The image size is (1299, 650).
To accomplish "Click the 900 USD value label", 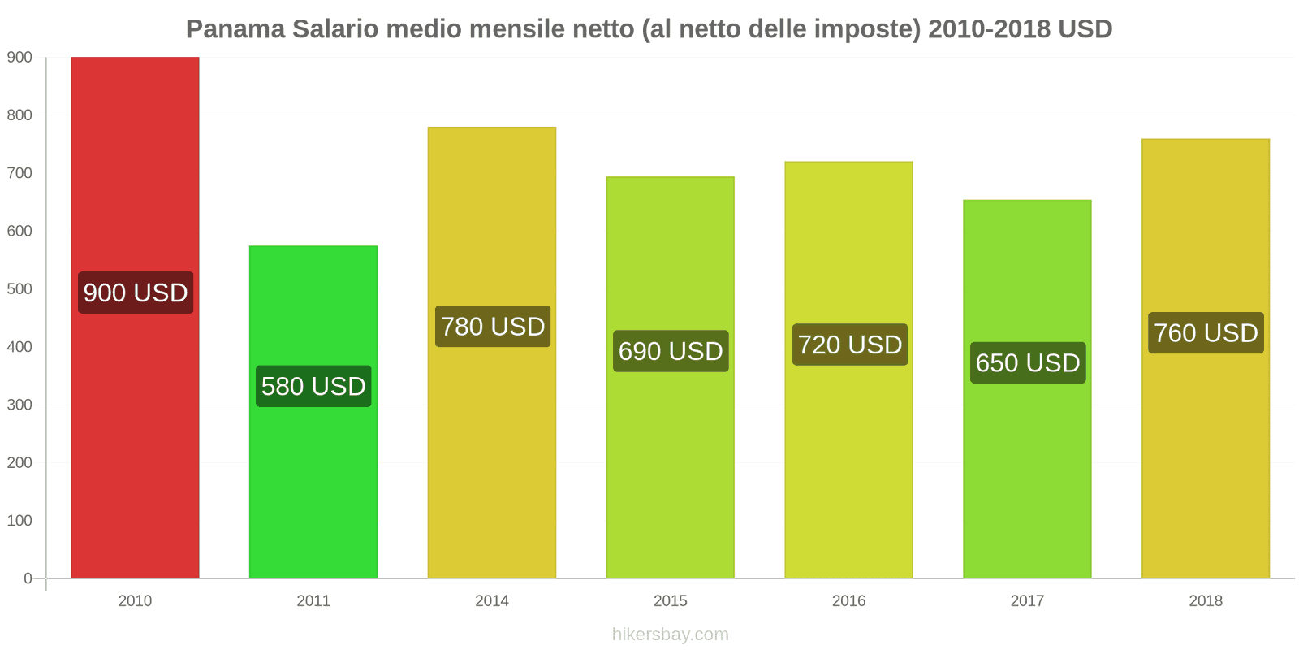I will pyautogui.click(x=136, y=292).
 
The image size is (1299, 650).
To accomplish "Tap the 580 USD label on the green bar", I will pyautogui.click(x=313, y=386).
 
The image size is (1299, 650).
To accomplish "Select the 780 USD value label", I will pyautogui.click(x=492, y=327).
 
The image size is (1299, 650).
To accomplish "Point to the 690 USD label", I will pyautogui.click(x=671, y=351).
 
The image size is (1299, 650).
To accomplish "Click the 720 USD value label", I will pyautogui.click(x=849, y=344).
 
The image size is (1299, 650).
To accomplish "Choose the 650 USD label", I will pyautogui.click(x=1028, y=362).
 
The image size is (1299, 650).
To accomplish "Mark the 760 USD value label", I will pyautogui.click(x=1206, y=333).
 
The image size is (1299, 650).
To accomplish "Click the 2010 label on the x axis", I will pyautogui.click(x=135, y=601).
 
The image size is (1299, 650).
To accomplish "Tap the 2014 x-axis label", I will pyautogui.click(x=492, y=601).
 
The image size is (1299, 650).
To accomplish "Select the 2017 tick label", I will pyautogui.click(x=1027, y=601).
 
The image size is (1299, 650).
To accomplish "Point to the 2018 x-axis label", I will pyautogui.click(x=1206, y=601).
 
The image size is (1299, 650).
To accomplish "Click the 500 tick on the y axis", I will pyautogui.click(x=19, y=289).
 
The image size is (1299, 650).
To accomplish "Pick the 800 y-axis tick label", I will pyautogui.click(x=19, y=115).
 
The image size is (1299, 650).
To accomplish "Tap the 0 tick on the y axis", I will pyautogui.click(x=28, y=578).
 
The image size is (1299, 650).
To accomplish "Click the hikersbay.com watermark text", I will pyautogui.click(x=671, y=635).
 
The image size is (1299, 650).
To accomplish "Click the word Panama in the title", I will pyautogui.click(x=235, y=29).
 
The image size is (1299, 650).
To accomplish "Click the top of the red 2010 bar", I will pyautogui.click(x=135, y=58).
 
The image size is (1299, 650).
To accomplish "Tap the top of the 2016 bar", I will pyautogui.click(x=849, y=162).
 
